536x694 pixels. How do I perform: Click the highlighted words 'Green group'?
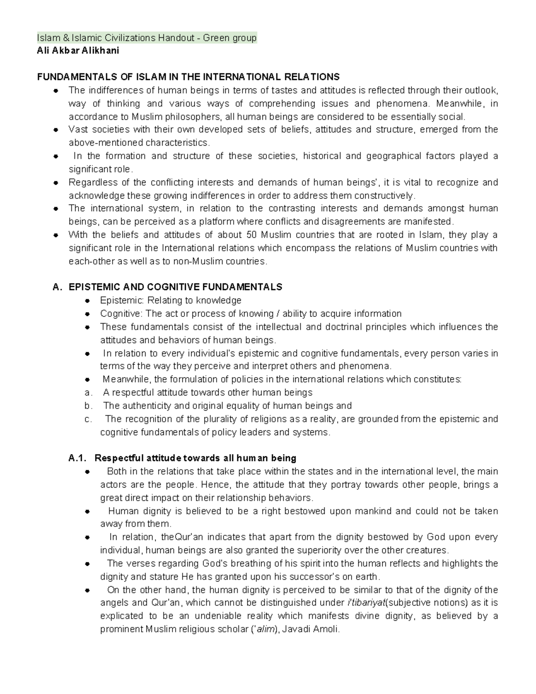click(230, 38)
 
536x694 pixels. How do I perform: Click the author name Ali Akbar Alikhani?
click(78, 50)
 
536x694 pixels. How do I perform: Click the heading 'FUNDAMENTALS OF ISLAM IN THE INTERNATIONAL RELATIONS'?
click(188, 77)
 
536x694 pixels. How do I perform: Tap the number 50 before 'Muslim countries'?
click(251, 235)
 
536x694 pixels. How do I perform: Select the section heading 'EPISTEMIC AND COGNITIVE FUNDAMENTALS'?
click(176, 287)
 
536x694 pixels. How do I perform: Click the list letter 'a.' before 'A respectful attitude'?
click(88, 393)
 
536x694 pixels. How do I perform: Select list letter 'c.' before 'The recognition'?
click(88, 419)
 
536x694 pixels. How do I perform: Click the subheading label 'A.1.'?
click(78, 458)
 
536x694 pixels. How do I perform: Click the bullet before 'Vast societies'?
click(56, 130)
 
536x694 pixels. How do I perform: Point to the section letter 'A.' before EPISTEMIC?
click(56, 287)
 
